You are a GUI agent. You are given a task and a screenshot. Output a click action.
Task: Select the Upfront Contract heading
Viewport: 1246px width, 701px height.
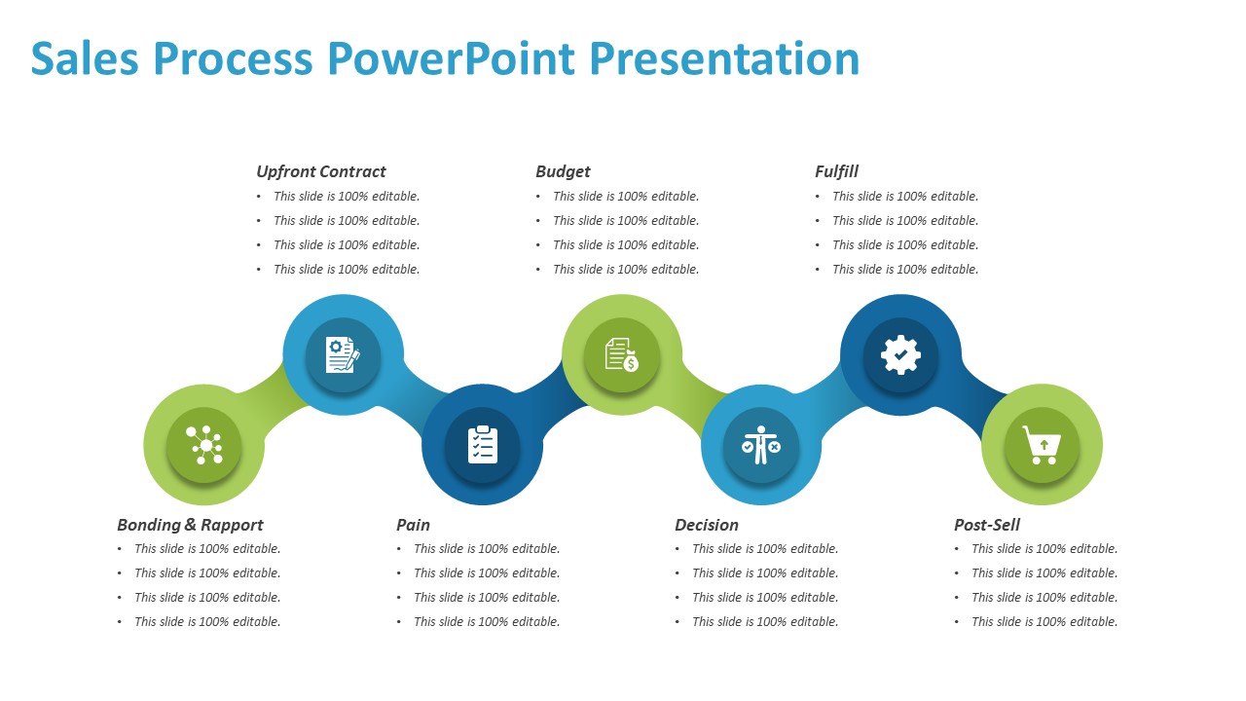pyautogui.click(x=321, y=171)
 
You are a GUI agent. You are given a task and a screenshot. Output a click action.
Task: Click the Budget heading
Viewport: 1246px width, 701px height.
pyautogui.click(x=563, y=171)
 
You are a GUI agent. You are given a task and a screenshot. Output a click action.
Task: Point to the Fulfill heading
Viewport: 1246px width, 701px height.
pyautogui.click(x=836, y=171)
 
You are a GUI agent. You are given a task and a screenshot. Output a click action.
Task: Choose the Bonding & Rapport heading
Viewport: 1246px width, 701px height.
pyautogui.click(x=190, y=525)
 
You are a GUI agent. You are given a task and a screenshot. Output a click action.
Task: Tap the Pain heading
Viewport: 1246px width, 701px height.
pyautogui.click(x=413, y=525)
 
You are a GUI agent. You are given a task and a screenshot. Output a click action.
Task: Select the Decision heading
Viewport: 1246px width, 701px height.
pyautogui.click(x=706, y=525)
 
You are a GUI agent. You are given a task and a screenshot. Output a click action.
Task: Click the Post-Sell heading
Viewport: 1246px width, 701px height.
pyautogui.click(x=987, y=525)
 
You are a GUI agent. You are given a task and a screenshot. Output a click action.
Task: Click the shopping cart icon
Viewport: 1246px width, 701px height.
pyautogui.click(x=1041, y=444)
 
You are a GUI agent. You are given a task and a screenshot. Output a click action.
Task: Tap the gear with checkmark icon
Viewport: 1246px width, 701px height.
pyautogui.click(x=900, y=355)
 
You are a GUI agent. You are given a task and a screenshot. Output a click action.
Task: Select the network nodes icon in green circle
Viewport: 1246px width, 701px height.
pyautogui.click(x=204, y=445)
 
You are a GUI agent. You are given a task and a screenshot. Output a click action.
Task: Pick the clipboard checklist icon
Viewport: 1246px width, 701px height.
pyautogui.click(x=482, y=444)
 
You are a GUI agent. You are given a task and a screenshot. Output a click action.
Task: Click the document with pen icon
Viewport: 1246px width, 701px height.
pyautogui.click(x=343, y=354)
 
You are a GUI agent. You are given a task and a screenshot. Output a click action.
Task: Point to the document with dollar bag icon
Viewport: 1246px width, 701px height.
pyautogui.click(x=622, y=354)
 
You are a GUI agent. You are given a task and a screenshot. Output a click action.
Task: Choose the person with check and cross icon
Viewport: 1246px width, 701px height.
pyautogui.click(x=760, y=445)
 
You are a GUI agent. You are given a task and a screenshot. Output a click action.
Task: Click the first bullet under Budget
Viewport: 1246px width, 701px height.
pyautogui.click(x=625, y=197)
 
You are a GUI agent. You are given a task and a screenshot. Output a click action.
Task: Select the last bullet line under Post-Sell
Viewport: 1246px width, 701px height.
pyautogui.click(x=1044, y=622)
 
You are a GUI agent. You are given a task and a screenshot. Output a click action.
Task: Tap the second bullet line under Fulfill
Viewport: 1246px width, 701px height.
pyautogui.click(x=904, y=221)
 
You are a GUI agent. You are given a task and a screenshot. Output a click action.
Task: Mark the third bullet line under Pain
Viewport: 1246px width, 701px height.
pyautogui.click(x=486, y=598)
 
